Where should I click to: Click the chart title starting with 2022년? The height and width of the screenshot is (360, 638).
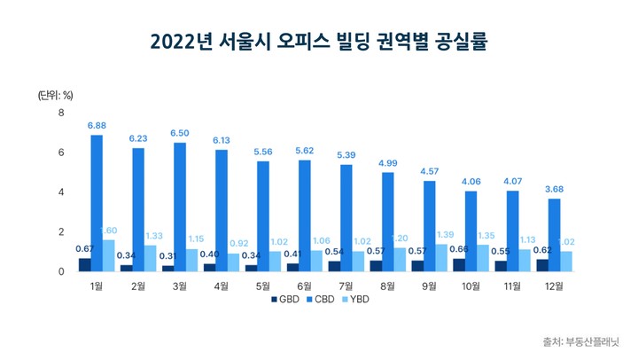(319, 42)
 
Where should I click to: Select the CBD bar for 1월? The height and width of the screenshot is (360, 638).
(97, 203)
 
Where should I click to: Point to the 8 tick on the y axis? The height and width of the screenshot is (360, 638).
(61, 113)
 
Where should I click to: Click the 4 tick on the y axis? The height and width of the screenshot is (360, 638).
(61, 192)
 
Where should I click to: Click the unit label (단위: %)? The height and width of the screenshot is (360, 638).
(55, 94)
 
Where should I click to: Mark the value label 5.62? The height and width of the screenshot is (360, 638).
(304, 151)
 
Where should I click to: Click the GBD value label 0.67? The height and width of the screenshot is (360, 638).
(84, 248)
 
